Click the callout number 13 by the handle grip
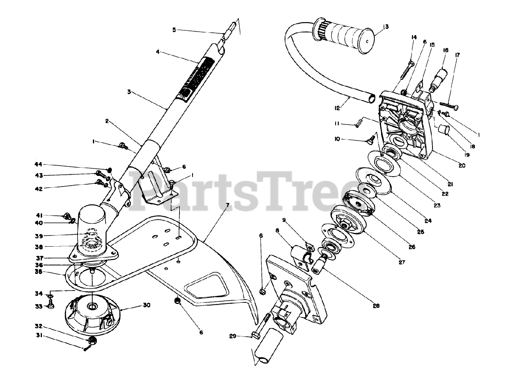point(386,27)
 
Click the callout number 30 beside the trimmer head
point(136,306)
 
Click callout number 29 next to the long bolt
point(232,336)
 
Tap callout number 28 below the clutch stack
point(376,306)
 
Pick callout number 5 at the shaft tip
point(174,29)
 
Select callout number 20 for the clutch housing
point(461,166)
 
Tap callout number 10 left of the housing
point(337,139)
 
